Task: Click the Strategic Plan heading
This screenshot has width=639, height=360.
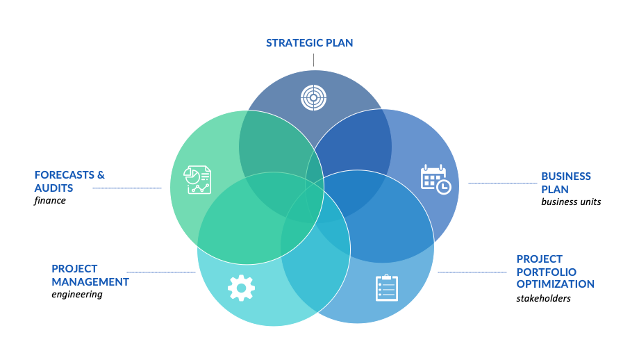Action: [309, 43]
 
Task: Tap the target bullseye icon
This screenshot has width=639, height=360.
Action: [313, 98]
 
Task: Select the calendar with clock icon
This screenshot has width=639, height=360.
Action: [435, 179]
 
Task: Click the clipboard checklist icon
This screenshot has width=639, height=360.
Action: [387, 288]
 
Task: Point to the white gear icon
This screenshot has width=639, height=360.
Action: [241, 288]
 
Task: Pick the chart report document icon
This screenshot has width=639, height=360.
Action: [197, 179]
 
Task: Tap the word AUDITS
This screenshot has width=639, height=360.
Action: [53, 188]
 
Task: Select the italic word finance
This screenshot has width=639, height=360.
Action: [50, 200]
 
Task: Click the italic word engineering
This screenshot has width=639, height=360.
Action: [77, 295]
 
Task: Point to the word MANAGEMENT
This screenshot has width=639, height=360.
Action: [90, 281]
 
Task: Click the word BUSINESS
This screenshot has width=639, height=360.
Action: [566, 176]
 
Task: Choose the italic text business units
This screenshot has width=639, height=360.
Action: [571, 202]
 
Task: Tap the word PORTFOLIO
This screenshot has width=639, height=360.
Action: [547, 272]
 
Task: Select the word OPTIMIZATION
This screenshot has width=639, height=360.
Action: [556, 284]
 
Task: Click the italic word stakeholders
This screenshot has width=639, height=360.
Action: [544, 298]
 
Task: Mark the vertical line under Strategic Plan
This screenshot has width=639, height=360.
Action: [313, 60]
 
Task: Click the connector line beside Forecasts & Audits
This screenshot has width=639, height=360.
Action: [127, 188]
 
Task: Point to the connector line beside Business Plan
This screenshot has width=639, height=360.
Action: [502, 183]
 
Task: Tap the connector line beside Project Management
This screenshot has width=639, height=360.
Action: [161, 272]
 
